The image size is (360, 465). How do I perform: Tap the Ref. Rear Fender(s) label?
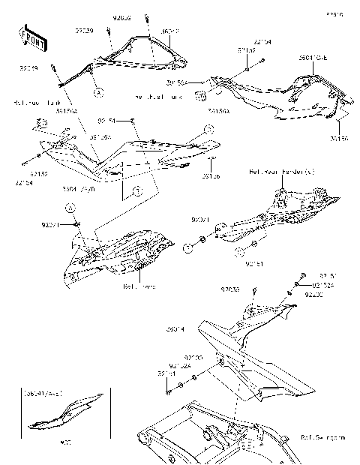[281, 172]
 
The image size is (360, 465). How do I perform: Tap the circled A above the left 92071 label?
[67, 207]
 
